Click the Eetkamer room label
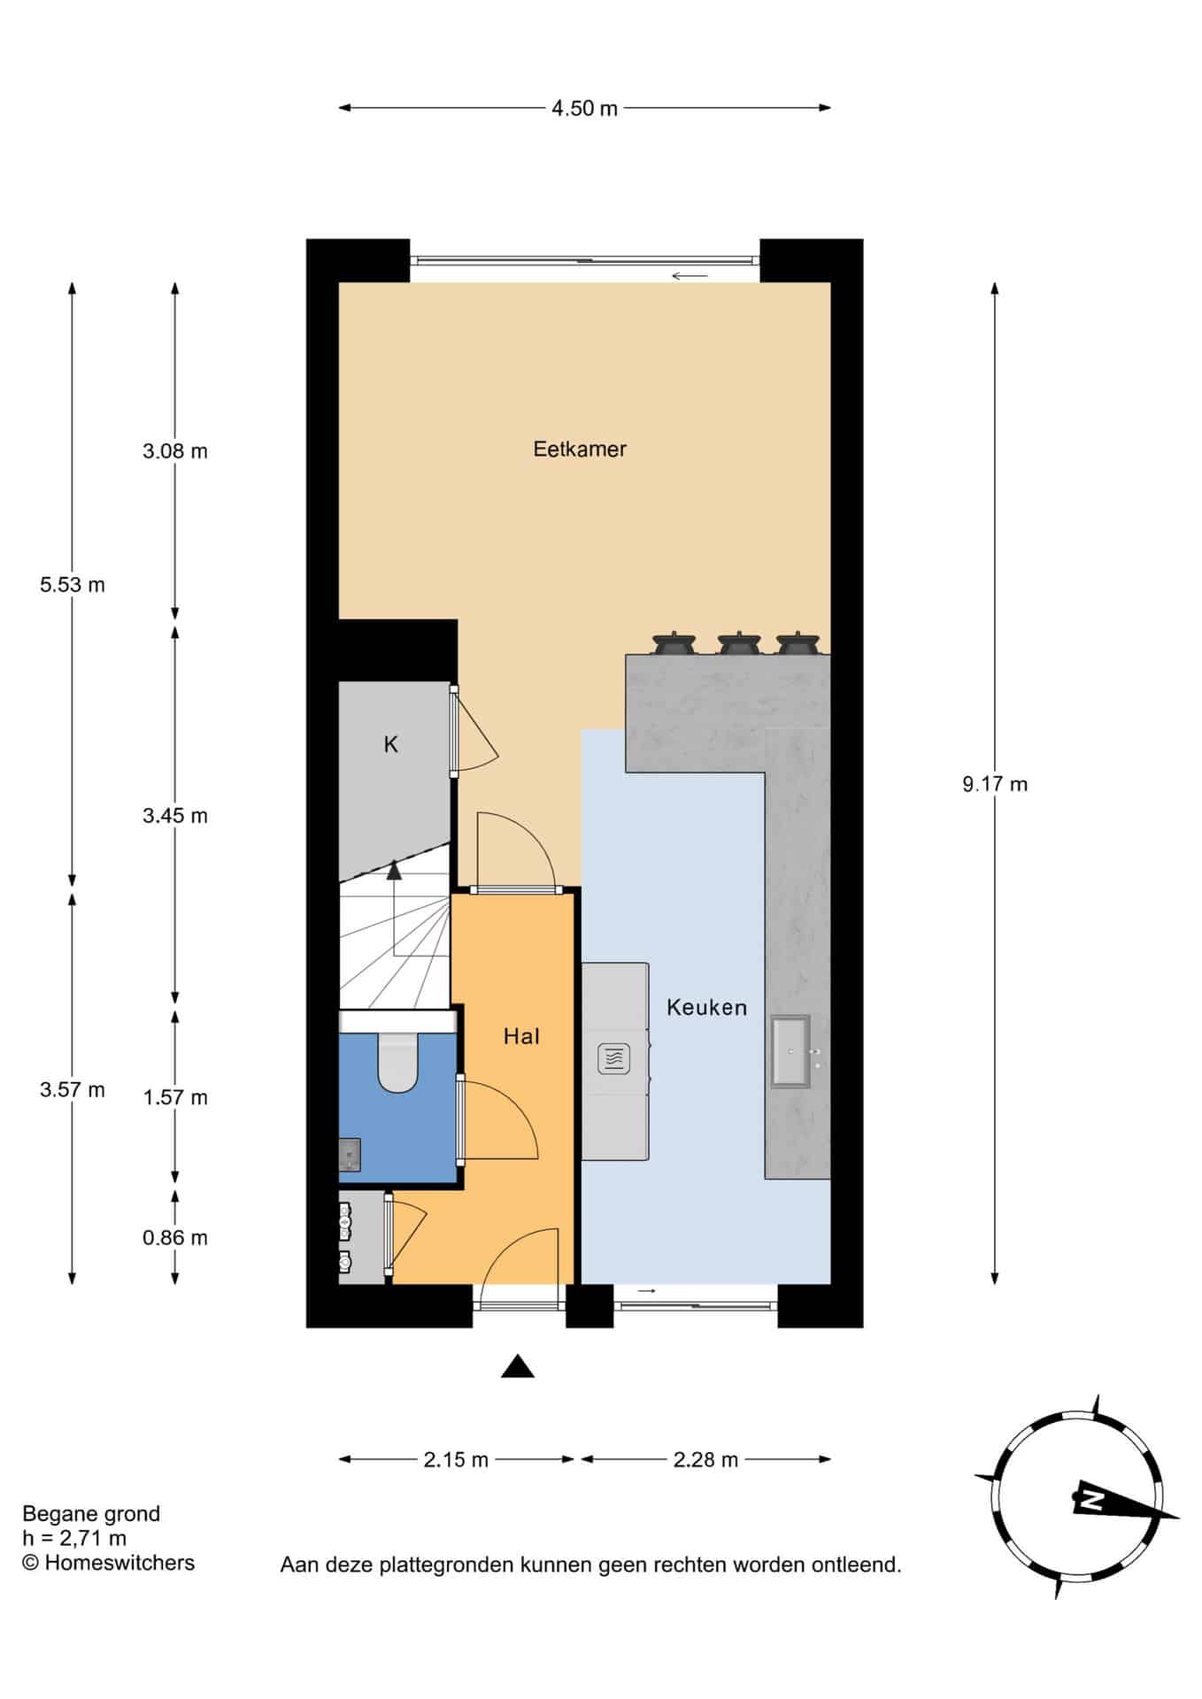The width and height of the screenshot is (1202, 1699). (x=580, y=450)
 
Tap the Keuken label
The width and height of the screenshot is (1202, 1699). (x=706, y=1007)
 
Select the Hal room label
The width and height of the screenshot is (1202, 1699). (x=521, y=1036)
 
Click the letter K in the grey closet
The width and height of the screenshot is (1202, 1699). (x=390, y=745)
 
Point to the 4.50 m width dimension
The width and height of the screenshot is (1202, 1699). (x=584, y=109)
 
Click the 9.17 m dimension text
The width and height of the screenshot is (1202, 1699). (x=995, y=784)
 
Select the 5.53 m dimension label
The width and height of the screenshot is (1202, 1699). (x=73, y=585)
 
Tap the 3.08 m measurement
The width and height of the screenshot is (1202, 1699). (x=175, y=451)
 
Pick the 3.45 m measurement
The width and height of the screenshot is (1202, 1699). (x=175, y=816)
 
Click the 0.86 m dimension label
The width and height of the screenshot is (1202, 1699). (x=175, y=1238)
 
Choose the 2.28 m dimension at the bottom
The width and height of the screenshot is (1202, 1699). (x=705, y=1460)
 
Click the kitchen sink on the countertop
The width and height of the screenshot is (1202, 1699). (x=790, y=1051)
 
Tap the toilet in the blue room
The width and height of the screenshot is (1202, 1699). (x=398, y=1063)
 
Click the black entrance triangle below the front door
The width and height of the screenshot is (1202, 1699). (x=518, y=1367)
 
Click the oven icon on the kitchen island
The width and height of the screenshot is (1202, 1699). (x=614, y=1058)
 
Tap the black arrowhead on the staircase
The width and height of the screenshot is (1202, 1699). (x=394, y=871)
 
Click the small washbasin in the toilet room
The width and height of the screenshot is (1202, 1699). (x=351, y=1156)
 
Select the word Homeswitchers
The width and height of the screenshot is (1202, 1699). (x=119, y=1563)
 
